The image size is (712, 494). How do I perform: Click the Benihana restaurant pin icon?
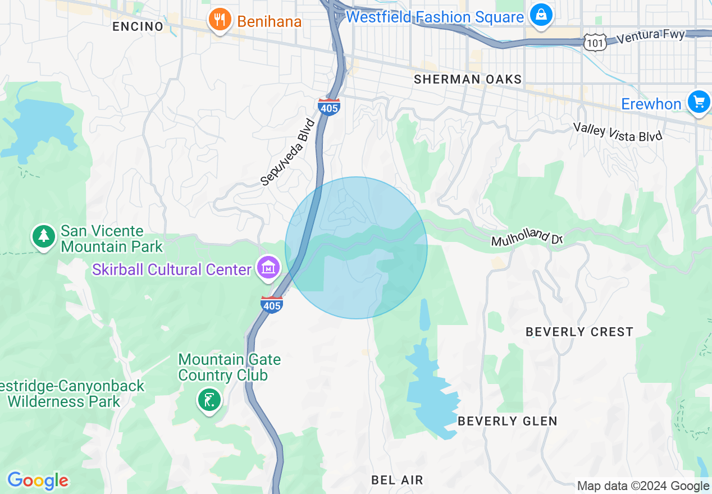[x=220, y=21]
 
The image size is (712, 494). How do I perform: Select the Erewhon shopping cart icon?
[x=699, y=103]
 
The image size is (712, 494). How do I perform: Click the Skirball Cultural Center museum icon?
[x=268, y=268]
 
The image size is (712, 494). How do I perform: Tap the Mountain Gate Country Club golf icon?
[x=209, y=400]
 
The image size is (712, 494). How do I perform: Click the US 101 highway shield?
[x=594, y=42]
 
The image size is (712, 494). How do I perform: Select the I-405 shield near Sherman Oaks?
[x=328, y=107]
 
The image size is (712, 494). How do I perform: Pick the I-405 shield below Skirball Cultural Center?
[x=272, y=304]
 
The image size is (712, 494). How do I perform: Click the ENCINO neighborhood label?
[x=138, y=26]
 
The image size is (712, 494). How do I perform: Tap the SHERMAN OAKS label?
[x=468, y=80]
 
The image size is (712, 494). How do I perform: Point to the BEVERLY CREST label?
[x=579, y=332]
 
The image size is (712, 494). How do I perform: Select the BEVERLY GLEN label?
[x=508, y=421]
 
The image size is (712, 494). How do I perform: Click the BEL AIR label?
[x=397, y=480]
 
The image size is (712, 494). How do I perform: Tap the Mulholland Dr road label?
[x=527, y=237]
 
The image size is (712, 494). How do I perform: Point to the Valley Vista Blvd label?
[x=618, y=132]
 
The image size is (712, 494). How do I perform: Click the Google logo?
[x=38, y=481]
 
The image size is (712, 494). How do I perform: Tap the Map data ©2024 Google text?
[x=643, y=486]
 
